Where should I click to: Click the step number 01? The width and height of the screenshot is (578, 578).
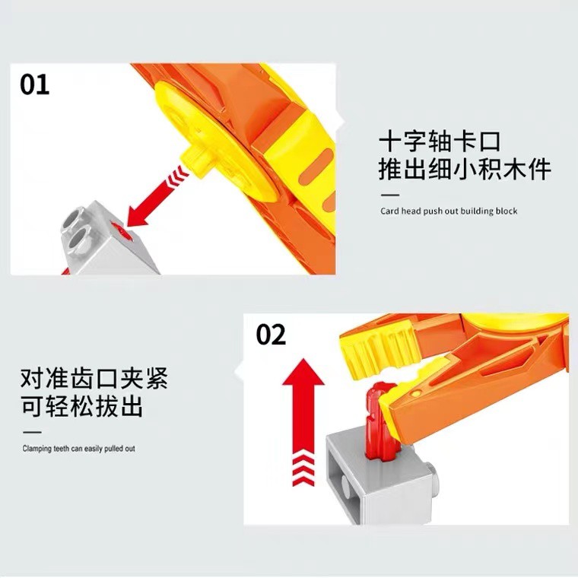pos(35,84)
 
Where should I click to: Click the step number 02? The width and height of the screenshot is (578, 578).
pos(271,335)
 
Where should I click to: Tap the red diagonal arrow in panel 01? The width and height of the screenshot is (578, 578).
pos(157,196)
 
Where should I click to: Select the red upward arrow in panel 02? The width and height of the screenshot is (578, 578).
pos(303,421)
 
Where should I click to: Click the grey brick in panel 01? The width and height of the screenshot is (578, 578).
pos(110,240)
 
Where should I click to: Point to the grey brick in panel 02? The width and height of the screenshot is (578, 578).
pos(380,475)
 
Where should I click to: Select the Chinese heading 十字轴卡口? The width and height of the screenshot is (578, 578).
pos(440,141)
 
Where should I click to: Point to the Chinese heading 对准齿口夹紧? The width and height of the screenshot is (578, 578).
pos(94,378)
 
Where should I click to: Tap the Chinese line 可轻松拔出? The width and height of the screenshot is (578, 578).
pos(82,406)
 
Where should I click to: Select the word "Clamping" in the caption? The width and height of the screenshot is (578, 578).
pos(37,449)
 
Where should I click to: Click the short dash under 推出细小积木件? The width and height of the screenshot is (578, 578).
pos(390,195)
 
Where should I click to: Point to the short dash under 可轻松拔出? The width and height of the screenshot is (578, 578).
pos(32,432)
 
